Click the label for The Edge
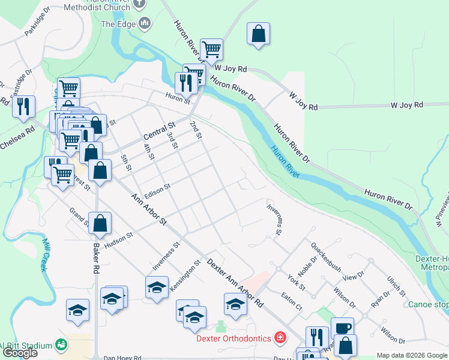[118, 24]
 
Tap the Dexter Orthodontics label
[234, 338]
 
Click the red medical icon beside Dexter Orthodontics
[279, 338]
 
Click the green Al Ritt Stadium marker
[61, 344]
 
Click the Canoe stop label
[428, 304]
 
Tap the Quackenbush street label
[326, 256]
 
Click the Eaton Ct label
[292, 301]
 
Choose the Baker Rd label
[95, 258]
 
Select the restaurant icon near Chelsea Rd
[23, 106]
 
